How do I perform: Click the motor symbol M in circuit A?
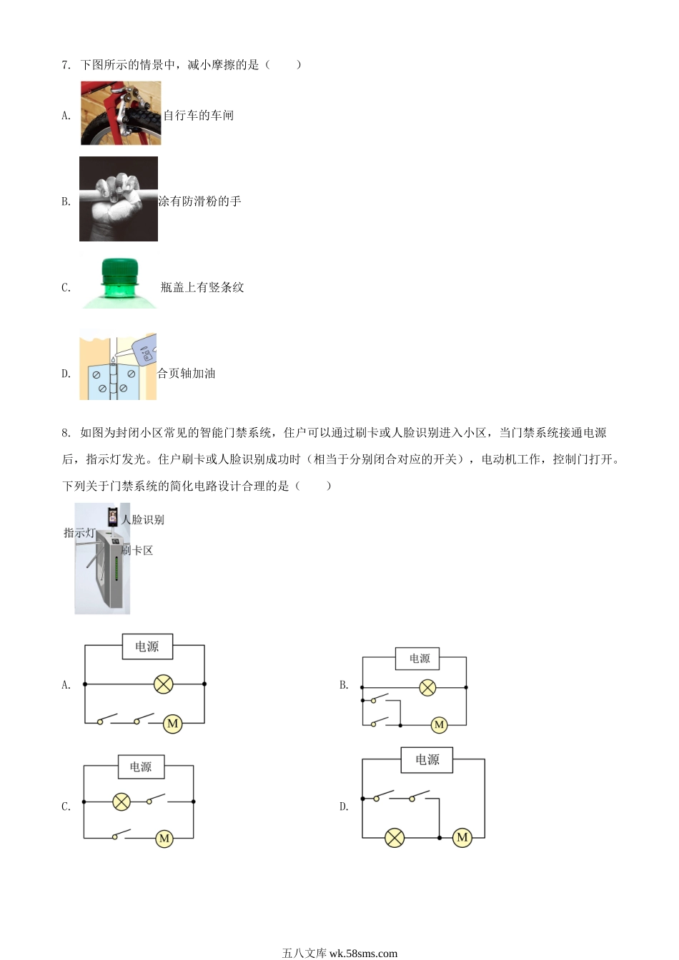[x=172, y=724]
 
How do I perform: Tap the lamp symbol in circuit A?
[x=164, y=684]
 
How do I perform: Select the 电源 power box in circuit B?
[x=417, y=659]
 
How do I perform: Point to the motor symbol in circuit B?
[x=439, y=725]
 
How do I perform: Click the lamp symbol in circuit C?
[x=122, y=801]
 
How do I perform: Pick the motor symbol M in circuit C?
[x=164, y=839]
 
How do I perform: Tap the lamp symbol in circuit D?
[x=395, y=838]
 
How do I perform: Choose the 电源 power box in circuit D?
[x=427, y=760]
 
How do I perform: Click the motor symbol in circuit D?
[x=462, y=837]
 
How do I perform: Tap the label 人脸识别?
[x=142, y=520]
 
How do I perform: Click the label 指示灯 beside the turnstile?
[x=79, y=533]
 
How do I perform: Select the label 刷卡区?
[x=137, y=550]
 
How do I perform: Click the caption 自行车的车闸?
[x=199, y=115]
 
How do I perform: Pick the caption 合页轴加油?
[x=186, y=374]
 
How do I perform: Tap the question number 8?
[x=66, y=433]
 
